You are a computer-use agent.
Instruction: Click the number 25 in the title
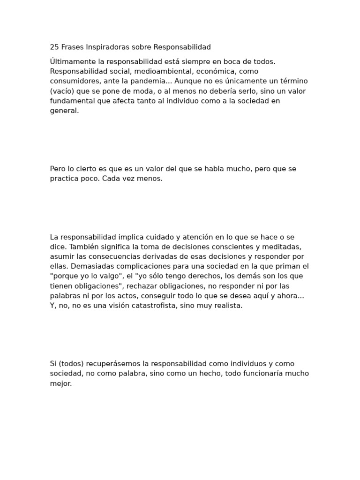coord(54,47)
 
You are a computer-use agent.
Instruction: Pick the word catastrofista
coord(164,306)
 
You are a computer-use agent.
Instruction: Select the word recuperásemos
coord(111,364)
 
